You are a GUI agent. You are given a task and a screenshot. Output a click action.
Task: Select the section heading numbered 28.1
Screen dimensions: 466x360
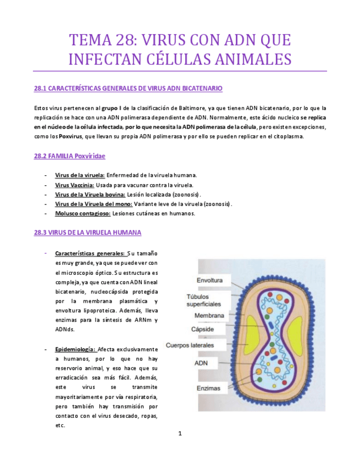click(x=128, y=88)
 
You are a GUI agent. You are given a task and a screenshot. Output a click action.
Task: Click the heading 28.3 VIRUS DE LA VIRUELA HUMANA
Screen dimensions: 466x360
click(x=87, y=232)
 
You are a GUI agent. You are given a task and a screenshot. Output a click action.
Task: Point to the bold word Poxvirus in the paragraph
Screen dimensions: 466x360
click(x=72, y=136)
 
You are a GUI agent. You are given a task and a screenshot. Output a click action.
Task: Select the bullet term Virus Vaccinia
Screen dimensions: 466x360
click(x=74, y=185)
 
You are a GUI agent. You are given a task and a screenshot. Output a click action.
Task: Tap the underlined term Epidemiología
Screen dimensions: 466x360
click(x=75, y=349)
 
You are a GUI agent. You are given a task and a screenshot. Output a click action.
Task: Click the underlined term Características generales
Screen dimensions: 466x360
click(x=90, y=254)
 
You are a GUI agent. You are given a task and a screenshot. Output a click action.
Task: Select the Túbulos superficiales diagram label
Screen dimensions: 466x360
click(x=204, y=300)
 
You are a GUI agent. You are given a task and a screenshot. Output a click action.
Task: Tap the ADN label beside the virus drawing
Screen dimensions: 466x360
click(x=201, y=363)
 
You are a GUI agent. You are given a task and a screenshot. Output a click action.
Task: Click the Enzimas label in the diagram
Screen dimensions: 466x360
click(x=208, y=389)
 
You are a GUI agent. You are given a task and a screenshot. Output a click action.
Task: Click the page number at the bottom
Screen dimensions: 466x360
click(x=180, y=434)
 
